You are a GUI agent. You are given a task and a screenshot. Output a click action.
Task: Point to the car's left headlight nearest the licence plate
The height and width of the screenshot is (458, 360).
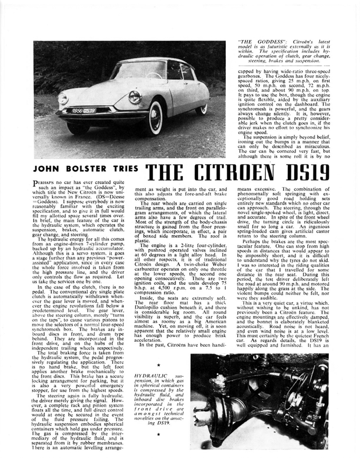pos(63,99)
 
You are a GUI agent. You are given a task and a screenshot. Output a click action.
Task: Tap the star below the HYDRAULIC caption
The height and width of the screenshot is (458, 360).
pos(158,435)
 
